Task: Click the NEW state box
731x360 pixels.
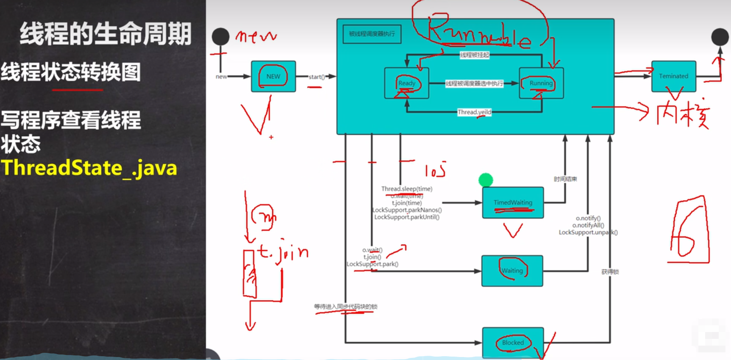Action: click(x=273, y=76)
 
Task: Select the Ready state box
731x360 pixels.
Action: click(x=406, y=83)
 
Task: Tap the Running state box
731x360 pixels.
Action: click(x=541, y=83)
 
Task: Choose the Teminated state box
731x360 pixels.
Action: click(x=673, y=76)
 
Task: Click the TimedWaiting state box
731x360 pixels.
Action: click(x=513, y=202)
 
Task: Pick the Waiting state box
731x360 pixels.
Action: click(x=512, y=271)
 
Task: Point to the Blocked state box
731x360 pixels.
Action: click(x=513, y=342)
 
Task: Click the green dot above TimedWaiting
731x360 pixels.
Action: click(x=486, y=180)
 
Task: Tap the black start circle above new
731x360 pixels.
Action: click(x=220, y=37)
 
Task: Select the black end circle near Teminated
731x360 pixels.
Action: click(x=720, y=37)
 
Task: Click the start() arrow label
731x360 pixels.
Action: click(x=317, y=77)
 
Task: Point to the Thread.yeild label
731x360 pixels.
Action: click(x=474, y=112)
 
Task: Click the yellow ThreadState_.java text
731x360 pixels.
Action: click(x=89, y=168)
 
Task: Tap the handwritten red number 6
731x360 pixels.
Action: click(x=689, y=231)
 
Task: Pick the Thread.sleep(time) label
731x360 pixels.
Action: click(x=407, y=189)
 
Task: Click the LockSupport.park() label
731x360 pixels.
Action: click(x=372, y=264)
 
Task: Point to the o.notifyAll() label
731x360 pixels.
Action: click(x=588, y=225)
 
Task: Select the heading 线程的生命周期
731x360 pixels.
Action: click(x=106, y=34)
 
